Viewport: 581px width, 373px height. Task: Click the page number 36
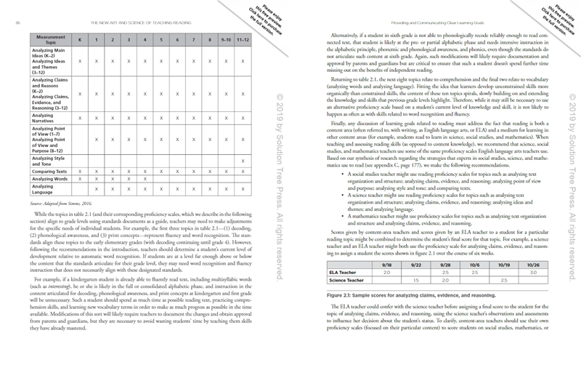tap(16, 23)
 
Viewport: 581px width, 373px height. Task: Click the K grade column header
tap(80, 39)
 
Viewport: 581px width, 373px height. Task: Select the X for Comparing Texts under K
tap(80, 169)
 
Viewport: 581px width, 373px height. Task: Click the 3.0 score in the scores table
tap(532, 272)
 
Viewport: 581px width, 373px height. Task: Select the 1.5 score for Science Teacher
tap(416, 280)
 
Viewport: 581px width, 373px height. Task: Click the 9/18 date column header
tap(387, 264)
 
